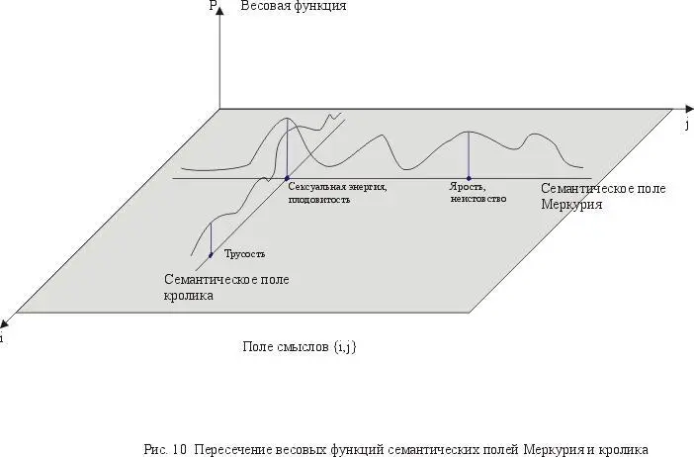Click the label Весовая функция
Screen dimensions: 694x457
click(294, 6)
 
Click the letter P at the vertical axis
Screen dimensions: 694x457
click(213, 5)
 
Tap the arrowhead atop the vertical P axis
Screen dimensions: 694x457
click(219, 9)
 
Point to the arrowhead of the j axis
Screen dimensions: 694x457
click(689, 109)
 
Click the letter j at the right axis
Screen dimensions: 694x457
click(687, 125)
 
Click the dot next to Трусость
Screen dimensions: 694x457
click(211, 254)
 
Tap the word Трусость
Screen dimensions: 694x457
click(244, 254)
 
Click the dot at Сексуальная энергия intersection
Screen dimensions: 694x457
click(287, 178)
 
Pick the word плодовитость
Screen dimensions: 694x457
click(318, 200)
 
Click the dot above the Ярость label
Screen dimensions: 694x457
click(469, 178)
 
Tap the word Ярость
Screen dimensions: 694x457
click(468, 187)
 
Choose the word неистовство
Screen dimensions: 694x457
click(478, 199)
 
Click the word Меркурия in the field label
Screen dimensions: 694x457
click(571, 205)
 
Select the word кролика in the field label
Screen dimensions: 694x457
click(189, 296)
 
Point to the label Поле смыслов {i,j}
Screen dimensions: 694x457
click(300, 347)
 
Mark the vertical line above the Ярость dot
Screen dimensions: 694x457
click(469, 155)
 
